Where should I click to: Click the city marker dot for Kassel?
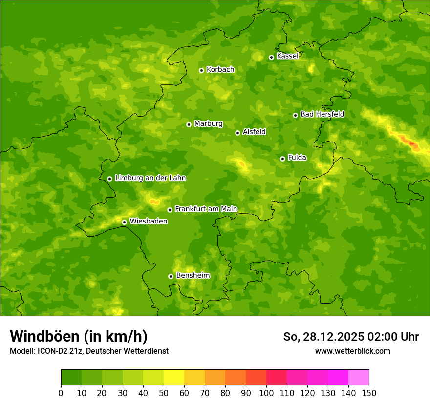(x=271, y=57)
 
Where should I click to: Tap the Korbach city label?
(x=220, y=70)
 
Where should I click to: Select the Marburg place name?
(x=208, y=124)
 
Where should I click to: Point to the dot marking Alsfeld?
(x=237, y=133)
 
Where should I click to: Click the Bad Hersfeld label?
(x=322, y=115)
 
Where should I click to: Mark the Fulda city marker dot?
(x=282, y=159)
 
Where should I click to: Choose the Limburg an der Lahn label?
(x=150, y=178)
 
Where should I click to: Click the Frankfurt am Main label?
(x=206, y=209)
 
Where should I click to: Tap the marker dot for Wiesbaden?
(x=124, y=222)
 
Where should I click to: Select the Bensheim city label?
(x=193, y=276)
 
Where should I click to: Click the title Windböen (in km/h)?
(x=79, y=336)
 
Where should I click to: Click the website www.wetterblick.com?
(x=352, y=351)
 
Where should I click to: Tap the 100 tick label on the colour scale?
(x=266, y=393)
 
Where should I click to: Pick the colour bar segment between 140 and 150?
(x=359, y=378)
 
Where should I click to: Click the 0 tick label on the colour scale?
(x=61, y=393)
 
